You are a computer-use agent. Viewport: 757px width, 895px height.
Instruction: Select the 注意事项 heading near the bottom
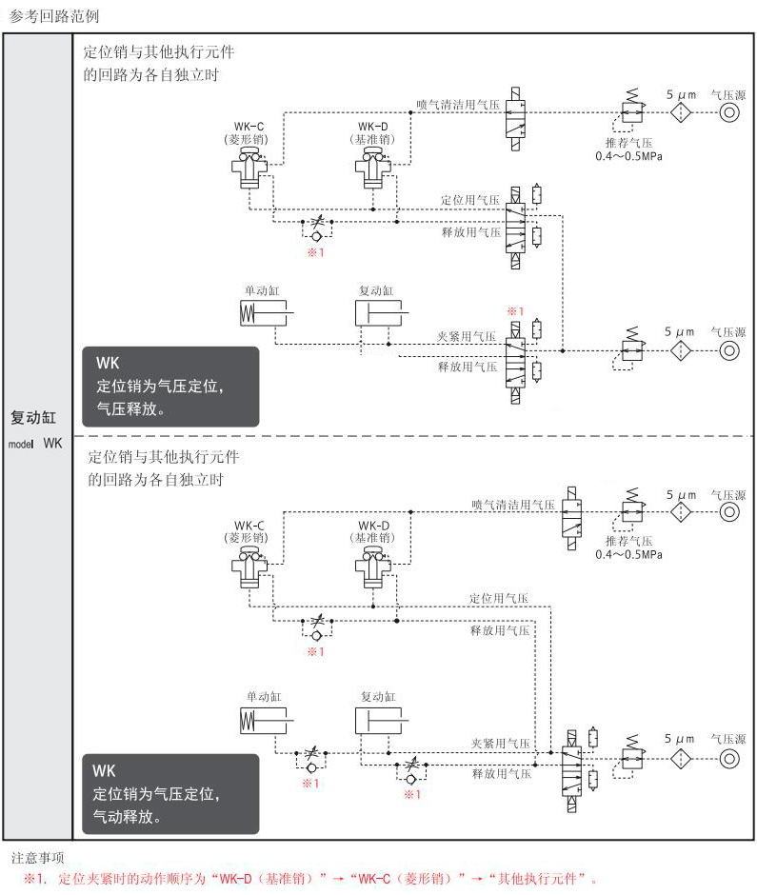(x=38, y=858)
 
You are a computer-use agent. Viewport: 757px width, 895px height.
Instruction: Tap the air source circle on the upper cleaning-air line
(x=728, y=110)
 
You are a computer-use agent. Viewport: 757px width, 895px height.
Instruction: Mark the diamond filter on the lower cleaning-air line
(x=680, y=512)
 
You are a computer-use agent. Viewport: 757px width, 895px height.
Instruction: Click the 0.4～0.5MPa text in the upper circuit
(x=628, y=155)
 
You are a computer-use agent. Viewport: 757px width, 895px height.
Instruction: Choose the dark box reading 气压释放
(x=170, y=386)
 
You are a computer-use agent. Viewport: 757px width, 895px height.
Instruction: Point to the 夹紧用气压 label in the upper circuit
(x=467, y=336)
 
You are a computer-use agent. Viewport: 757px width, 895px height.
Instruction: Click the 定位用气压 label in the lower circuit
(x=498, y=598)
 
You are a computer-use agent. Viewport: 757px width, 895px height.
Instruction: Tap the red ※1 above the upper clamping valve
(x=515, y=311)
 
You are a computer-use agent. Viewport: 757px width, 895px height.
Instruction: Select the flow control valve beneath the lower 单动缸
(x=312, y=759)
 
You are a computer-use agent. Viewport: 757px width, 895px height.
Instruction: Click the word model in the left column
(x=21, y=444)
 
